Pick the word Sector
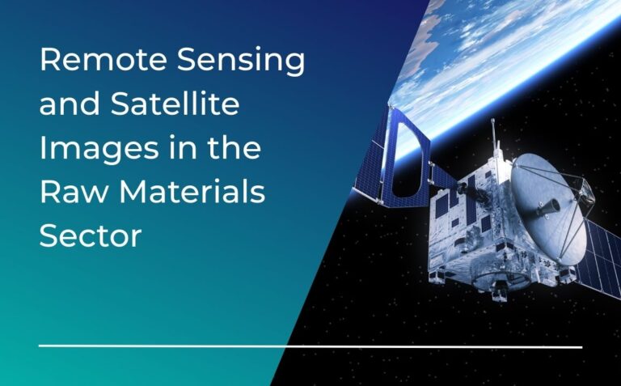tap(91, 237)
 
